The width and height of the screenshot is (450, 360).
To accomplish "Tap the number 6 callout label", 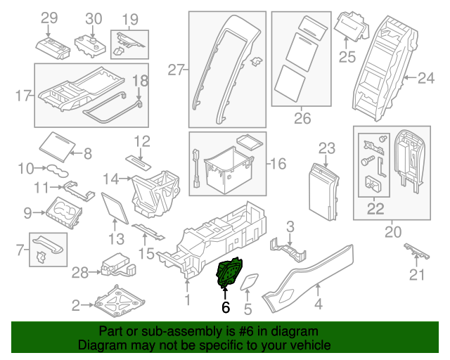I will point(225,307).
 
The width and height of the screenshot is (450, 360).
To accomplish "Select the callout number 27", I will point(176,69).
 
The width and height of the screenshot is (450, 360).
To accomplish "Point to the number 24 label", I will point(426,79).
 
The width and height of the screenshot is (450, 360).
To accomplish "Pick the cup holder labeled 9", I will point(64,210).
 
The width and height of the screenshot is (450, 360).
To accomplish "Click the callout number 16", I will point(278,164).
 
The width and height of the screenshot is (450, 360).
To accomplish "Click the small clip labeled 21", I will point(416,251).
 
